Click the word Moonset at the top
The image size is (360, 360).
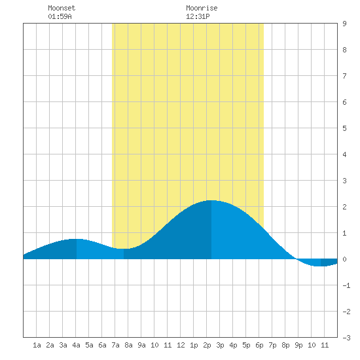coord(62,8)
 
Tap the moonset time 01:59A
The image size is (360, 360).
coord(60,16)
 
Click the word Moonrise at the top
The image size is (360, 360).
coord(202,8)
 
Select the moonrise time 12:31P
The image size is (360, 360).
coord(198,16)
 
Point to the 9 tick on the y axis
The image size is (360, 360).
coord(344,24)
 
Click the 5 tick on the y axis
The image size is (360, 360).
coord(344,128)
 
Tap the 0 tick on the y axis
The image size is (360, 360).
coord(344,259)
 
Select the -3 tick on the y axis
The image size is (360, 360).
coord(346,338)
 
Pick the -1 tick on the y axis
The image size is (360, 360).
coord(346,285)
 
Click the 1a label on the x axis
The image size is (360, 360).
coord(37,345)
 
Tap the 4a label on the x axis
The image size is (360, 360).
coord(76,345)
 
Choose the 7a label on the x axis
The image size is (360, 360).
coord(115,345)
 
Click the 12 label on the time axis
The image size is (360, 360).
coord(181,345)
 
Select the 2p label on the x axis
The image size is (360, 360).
coord(207,345)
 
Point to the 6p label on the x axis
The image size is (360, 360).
coord(259,345)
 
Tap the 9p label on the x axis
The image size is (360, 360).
coord(298,345)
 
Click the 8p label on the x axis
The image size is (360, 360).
coord(285,345)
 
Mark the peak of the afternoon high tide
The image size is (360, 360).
coord(211,200)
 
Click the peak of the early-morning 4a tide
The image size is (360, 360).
coord(76,239)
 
